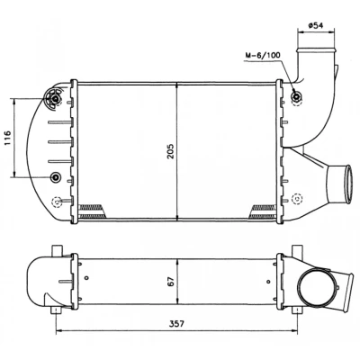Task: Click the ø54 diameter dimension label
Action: point(316,25)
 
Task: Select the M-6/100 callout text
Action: point(263,55)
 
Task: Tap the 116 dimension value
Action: point(7,138)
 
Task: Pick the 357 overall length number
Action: point(176,324)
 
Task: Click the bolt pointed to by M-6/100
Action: point(296,96)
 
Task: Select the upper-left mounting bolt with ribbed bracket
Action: point(55,99)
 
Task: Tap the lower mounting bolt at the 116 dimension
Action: point(55,177)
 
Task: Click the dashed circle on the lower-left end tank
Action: point(56,202)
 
